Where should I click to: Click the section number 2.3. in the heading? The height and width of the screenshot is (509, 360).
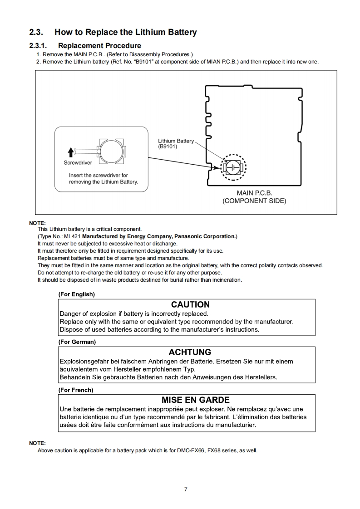[36, 32]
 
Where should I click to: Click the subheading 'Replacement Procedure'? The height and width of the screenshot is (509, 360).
[99, 45]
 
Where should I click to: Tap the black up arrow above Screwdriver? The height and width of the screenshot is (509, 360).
[70, 152]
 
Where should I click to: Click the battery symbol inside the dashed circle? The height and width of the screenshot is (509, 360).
[233, 167]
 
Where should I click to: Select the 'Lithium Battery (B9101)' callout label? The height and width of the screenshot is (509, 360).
[176, 144]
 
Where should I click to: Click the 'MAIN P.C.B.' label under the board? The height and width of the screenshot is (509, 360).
[254, 193]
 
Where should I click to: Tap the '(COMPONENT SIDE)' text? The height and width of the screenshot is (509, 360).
[254, 201]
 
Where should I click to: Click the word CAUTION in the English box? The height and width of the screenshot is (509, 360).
[190, 304]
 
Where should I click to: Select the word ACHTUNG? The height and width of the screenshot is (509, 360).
[190, 352]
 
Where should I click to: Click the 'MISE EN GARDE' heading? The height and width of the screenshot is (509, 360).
[195, 400]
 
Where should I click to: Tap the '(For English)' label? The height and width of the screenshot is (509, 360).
[76, 294]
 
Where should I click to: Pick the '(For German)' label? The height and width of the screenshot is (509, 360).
[77, 342]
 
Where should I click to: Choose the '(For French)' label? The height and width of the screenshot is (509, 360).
[75, 390]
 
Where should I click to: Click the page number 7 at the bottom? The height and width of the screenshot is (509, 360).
[186, 489]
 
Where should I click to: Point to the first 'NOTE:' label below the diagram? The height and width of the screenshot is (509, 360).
[37, 223]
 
